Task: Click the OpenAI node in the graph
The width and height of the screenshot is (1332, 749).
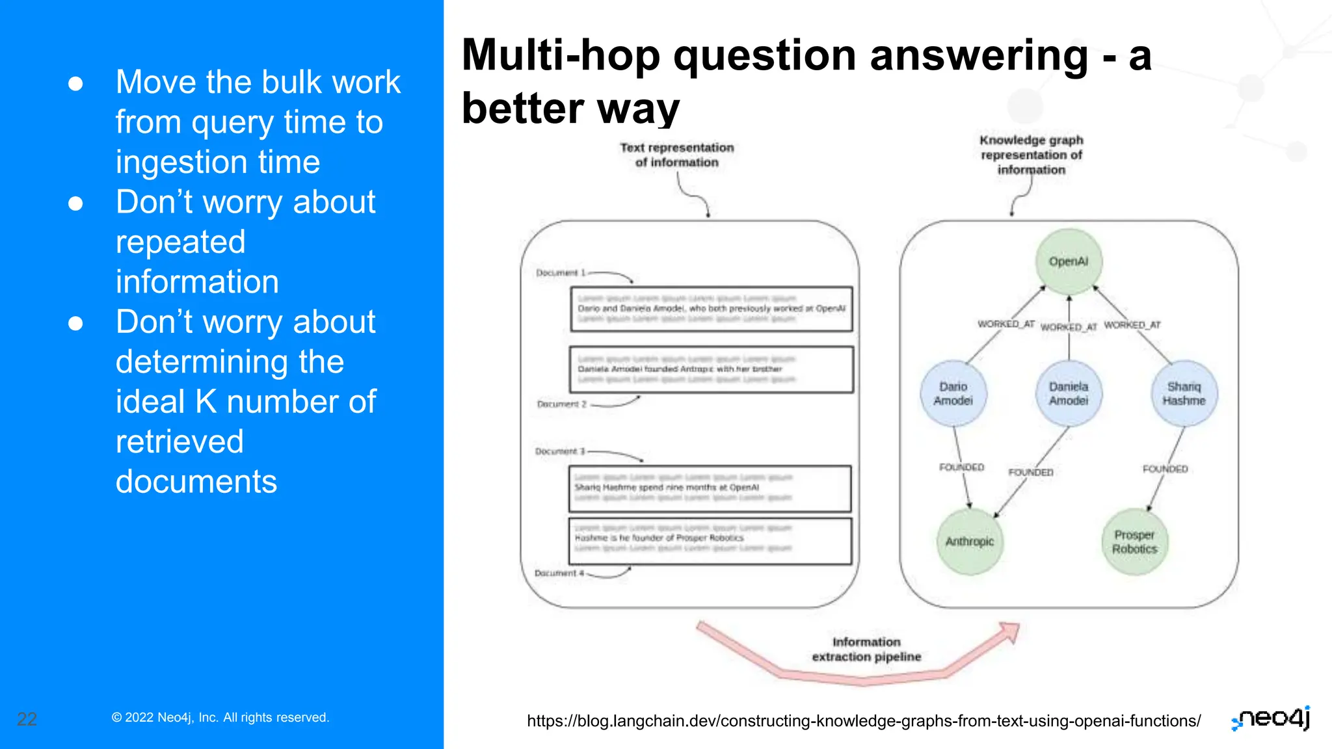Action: tap(1069, 261)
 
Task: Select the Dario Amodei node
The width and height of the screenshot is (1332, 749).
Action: tap(953, 393)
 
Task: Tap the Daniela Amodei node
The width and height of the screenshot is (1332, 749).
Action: tap(1069, 393)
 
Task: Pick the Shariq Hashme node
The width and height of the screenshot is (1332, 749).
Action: tap(1184, 393)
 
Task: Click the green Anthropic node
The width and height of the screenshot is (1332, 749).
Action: tap(970, 542)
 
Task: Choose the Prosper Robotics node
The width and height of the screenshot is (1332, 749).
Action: tap(1135, 542)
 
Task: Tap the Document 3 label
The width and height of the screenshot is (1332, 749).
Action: tap(560, 451)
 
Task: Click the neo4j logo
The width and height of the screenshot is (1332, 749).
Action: tap(1272, 718)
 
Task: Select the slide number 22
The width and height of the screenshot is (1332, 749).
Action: tap(27, 719)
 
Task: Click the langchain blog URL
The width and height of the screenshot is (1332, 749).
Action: tap(864, 721)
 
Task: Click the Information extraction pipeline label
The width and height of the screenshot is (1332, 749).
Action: tap(866, 650)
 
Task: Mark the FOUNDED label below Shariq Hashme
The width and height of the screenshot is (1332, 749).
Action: tap(1165, 469)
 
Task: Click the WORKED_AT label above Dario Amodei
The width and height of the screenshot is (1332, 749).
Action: tap(1006, 324)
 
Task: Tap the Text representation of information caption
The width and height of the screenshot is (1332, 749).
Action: tap(676, 155)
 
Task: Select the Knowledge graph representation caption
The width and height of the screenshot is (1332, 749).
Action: tap(1032, 155)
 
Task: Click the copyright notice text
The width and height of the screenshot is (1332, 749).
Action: tap(220, 718)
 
